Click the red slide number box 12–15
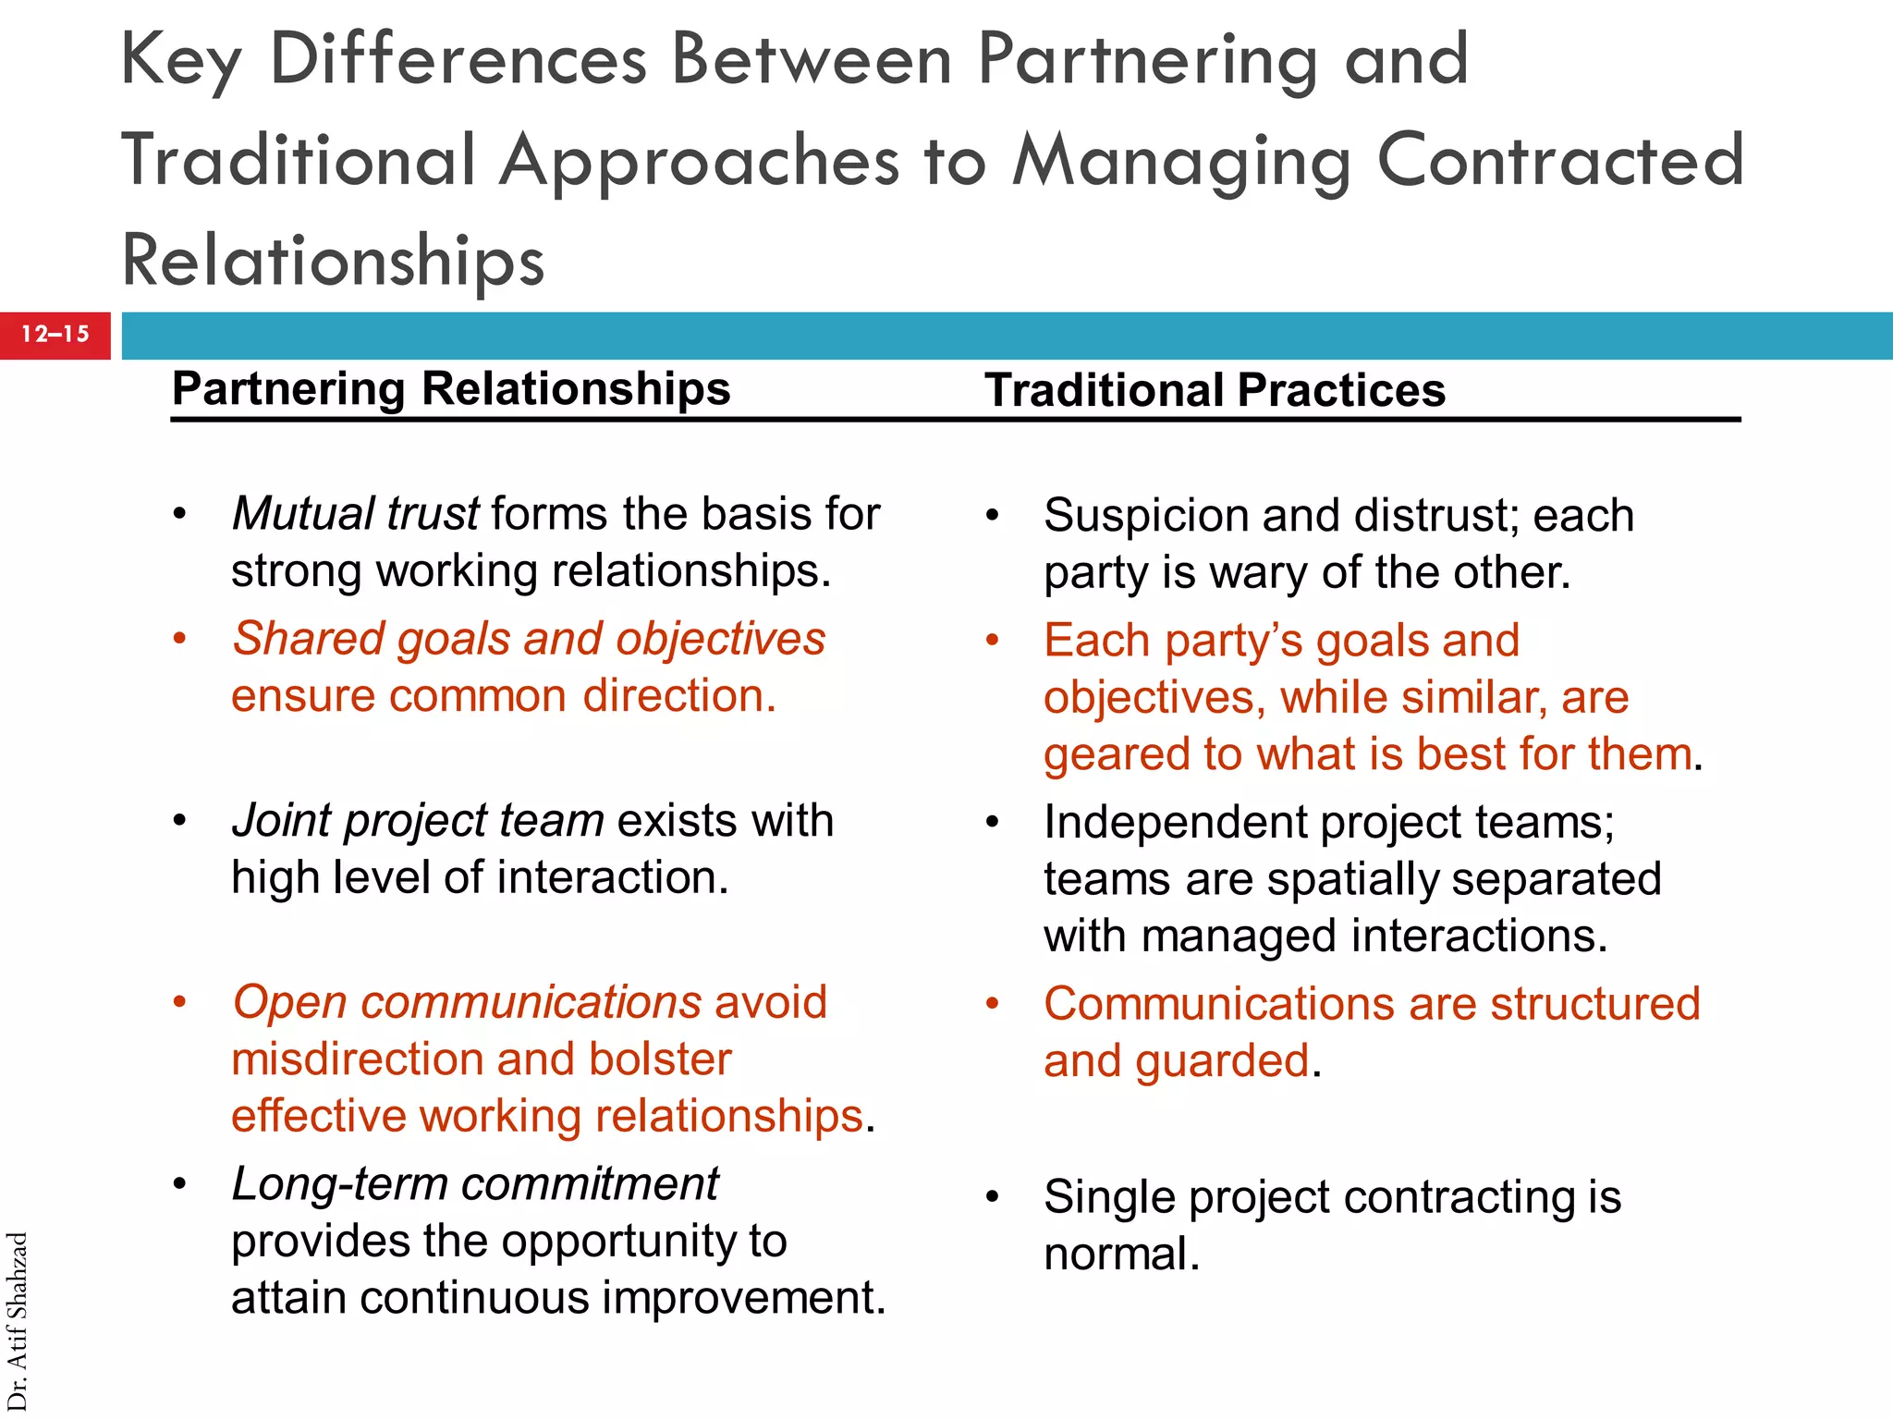tap(55, 335)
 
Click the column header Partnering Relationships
tap(451, 388)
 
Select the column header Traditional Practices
tap(1215, 390)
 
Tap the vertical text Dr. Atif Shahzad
tap(18, 1321)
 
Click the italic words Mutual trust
tap(355, 514)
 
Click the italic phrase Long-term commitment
tap(475, 1184)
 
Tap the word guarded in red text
tap(1222, 1061)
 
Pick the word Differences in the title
tap(458, 61)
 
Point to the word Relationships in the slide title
tap(333, 261)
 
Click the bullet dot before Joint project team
tap(180, 820)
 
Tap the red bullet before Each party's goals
tap(993, 640)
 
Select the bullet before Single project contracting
tap(993, 1197)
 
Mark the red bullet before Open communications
tap(180, 1002)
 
